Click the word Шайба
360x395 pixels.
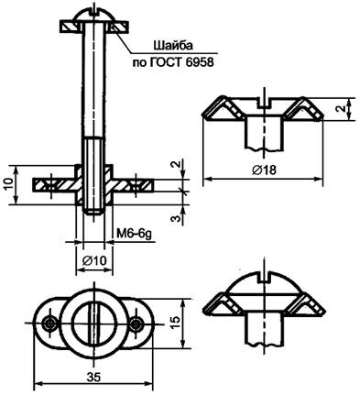click(x=173, y=46)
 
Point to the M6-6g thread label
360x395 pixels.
click(x=134, y=235)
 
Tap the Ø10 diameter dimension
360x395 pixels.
click(x=94, y=260)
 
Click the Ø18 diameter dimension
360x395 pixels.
click(x=264, y=170)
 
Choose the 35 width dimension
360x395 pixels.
click(x=93, y=377)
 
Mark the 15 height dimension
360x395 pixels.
click(x=175, y=324)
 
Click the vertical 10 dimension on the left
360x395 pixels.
click(x=9, y=183)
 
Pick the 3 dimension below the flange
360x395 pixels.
click(x=174, y=219)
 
